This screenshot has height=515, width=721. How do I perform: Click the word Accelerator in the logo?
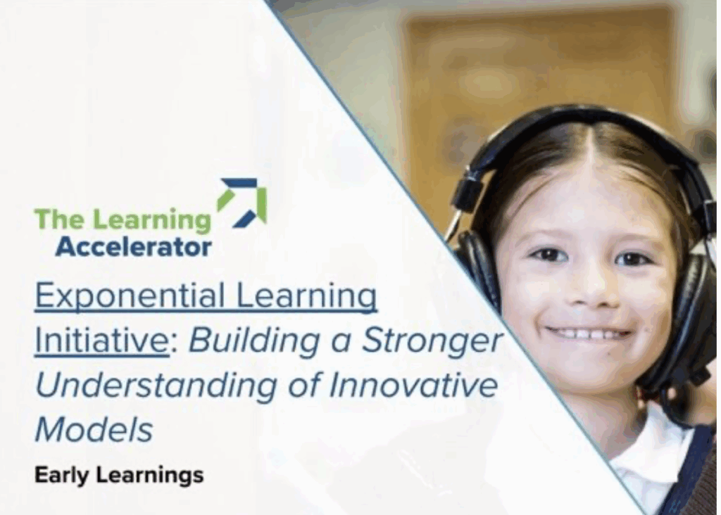[x=133, y=247]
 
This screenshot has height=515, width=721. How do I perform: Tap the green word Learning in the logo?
[x=152, y=221]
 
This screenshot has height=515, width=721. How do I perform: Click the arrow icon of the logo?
[x=242, y=203]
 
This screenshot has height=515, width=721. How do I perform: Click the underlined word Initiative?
[x=102, y=340]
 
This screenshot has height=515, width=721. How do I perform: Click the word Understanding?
[x=156, y=386]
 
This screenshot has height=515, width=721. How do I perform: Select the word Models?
[x=94, y=430]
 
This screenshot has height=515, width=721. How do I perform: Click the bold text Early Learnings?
[x=119, y=475]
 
